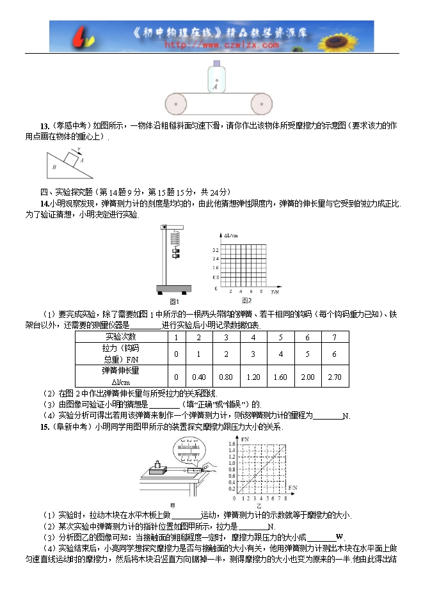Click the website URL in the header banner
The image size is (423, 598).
pyautogui.click(x=221, y=45)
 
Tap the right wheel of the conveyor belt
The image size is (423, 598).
pyautogui.click(x=261, y=102)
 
